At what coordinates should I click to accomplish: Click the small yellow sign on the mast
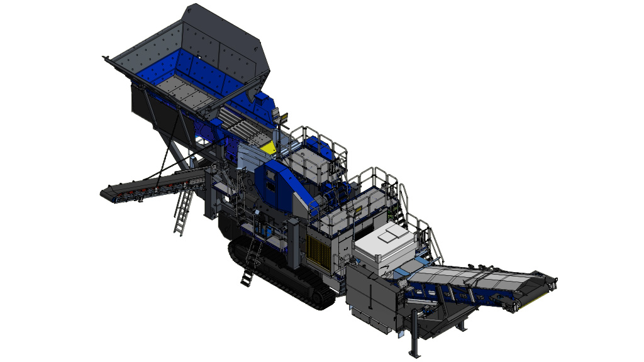coord(284,117)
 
